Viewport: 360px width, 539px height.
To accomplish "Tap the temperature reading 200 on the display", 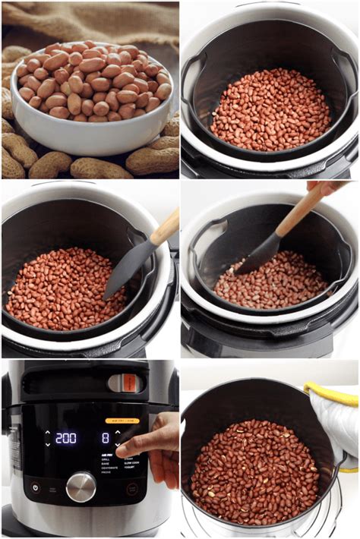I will coord(66,438).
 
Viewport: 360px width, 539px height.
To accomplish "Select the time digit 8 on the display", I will coord(106,438).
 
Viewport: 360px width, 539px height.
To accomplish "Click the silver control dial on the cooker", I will coord(81,487).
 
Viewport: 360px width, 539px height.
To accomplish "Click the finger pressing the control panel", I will coord(134,448).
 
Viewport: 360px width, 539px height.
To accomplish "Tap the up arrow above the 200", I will coord(47,433).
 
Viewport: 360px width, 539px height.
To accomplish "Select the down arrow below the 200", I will coord(47,443).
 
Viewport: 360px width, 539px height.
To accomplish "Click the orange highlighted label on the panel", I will coord(122,420).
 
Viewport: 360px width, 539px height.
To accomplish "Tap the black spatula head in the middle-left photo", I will coord(125,269).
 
